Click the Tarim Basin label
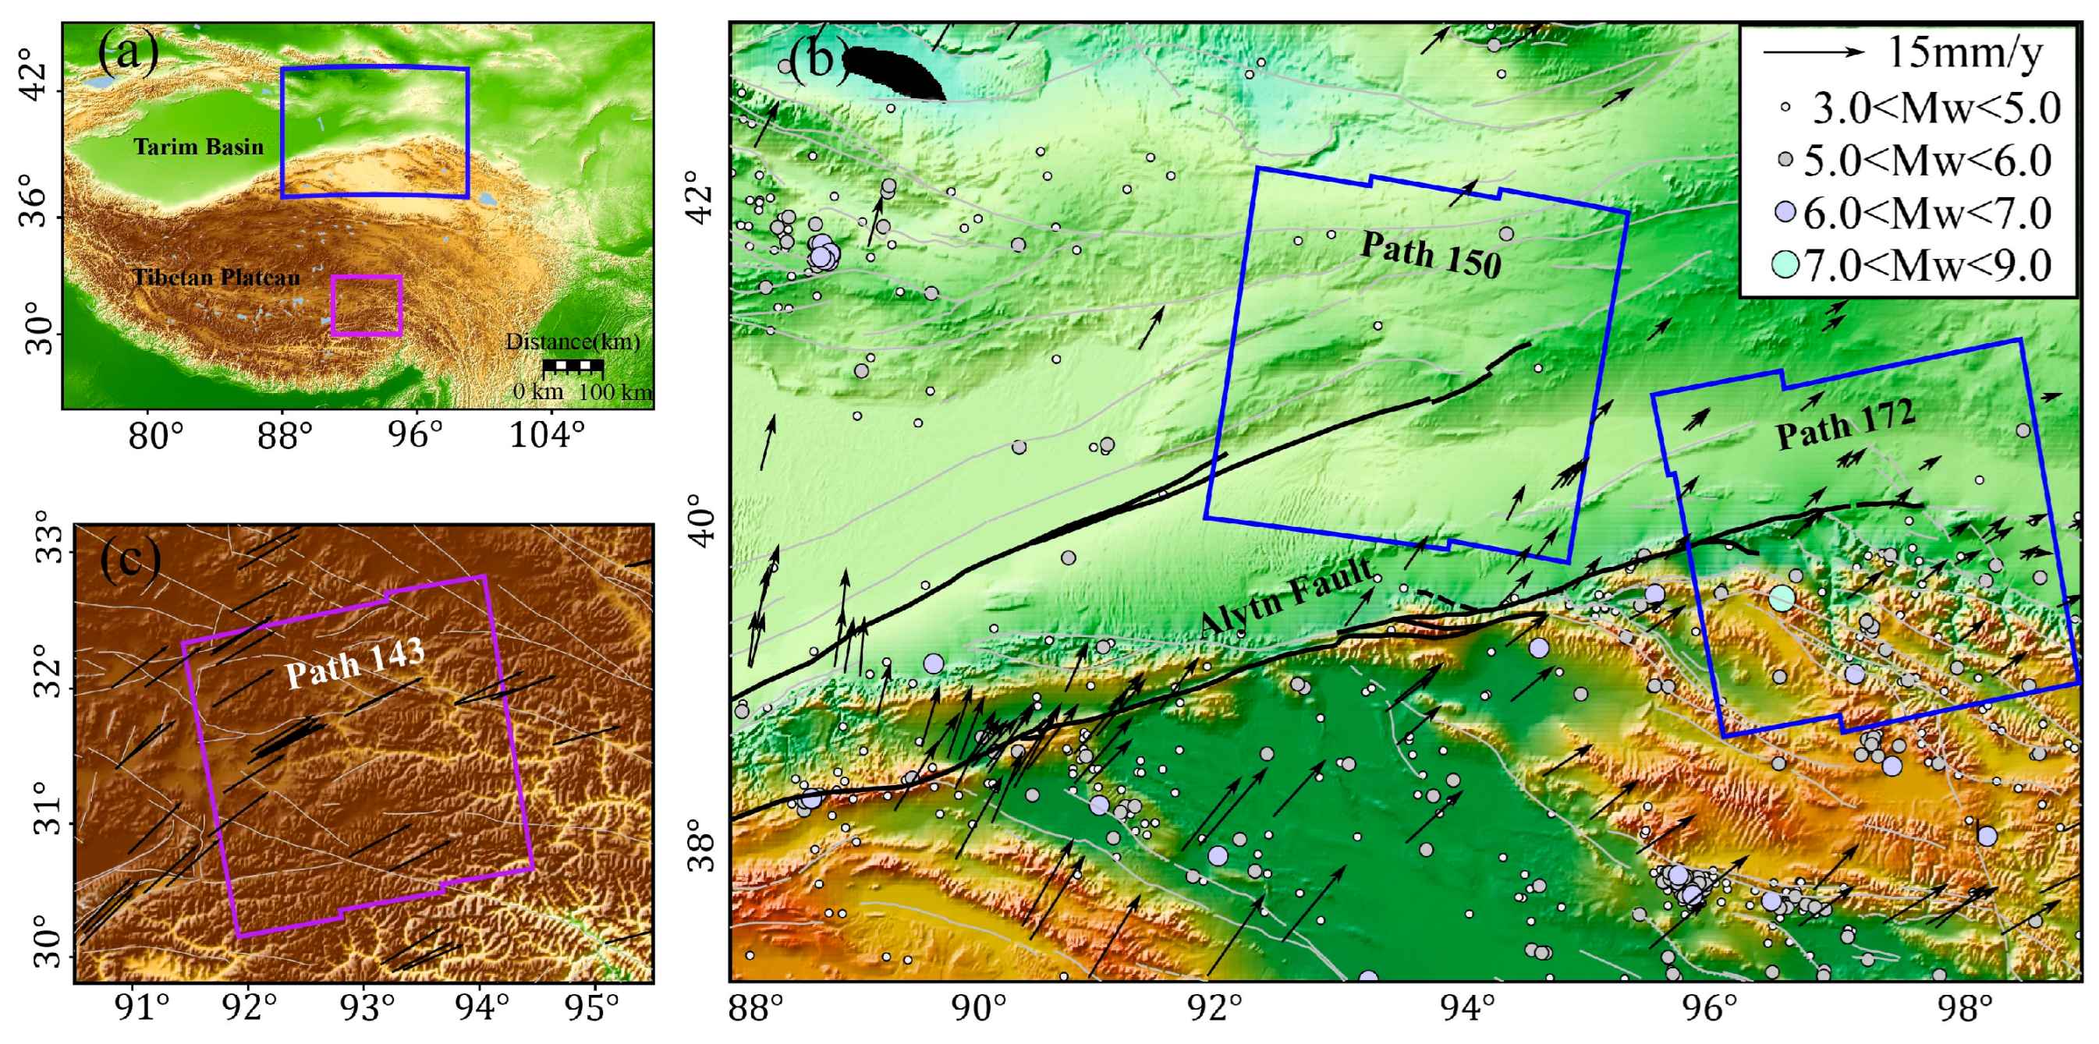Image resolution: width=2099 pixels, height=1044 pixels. pyautogui.click(x=199, y=147)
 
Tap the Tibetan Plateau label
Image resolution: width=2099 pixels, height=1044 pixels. pyautogui.click(x=216, y=278)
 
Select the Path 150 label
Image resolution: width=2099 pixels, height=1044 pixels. pyautogui.click(x=1430, y=254)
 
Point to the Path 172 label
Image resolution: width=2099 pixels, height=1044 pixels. pyautogui.click(x=1845, y=424)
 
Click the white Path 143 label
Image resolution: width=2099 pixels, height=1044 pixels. pyautogui.click(x=355, y=663)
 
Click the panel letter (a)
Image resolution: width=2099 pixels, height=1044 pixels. pyautogui.click(x=127, y=54)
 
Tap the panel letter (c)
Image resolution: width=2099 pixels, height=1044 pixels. pyautogui.click(x=129, y=559)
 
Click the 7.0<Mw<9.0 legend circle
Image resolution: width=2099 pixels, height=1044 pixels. pyautogui.click(x=1785, y=264)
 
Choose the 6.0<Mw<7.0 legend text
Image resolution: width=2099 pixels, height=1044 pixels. pyautogui.click(x=1927, y=214)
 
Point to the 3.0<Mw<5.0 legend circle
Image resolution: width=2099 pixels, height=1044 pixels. pyautogui.click(x=1785, y=107)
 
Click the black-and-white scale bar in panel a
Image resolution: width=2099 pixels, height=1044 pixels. pyautogui.click(x=573, y=366)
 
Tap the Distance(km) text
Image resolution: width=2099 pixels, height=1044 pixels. pyautogui.click(x=573, y=342)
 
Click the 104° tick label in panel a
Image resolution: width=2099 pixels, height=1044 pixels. pyautogui.click(x=548, y=437)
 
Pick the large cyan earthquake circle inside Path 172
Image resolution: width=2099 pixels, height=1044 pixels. pyautogui.click(x=1782, y=599)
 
